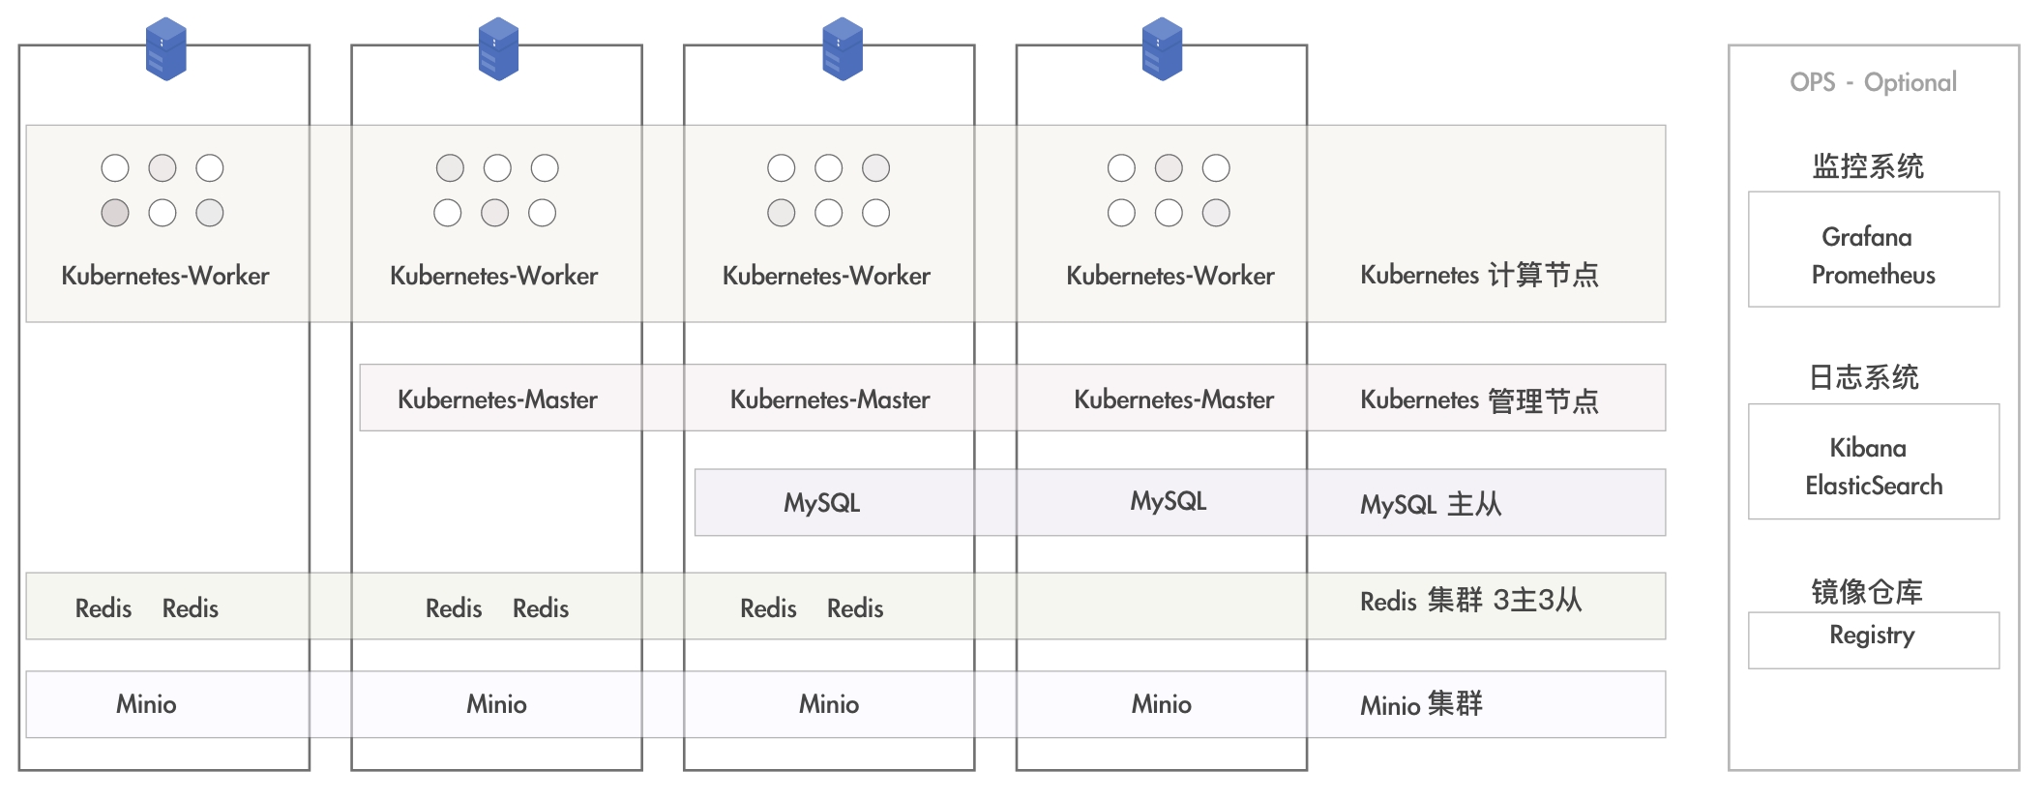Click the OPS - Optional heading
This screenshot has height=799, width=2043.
click(1873, 82)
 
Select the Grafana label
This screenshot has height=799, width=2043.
click(1867, 237)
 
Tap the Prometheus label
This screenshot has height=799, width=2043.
click(1874, 275)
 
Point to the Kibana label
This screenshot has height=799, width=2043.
click(1868, 448)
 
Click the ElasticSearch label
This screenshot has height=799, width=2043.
click(1874, 486)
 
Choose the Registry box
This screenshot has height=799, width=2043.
click(1874, 639)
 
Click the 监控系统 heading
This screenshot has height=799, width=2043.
click(1868, 166)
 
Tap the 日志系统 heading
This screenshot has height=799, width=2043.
click(1864, 377)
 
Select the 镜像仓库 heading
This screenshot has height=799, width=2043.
click(1867, 591)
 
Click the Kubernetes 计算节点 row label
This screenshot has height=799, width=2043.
click(1479, 275)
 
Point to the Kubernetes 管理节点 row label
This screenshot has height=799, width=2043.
click(1479, 399)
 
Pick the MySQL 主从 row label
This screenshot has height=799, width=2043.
click(1431, 504)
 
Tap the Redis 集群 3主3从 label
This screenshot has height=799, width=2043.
click(1471, 601)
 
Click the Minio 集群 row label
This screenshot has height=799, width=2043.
click(1421, 704)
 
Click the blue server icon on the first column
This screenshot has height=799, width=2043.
click(165, 48)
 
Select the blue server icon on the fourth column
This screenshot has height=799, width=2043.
click(1162, 48)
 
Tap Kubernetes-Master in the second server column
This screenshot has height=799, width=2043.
click(497, 399)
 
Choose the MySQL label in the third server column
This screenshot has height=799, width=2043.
click(821, 503)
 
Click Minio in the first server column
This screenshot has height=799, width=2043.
click(146, 704)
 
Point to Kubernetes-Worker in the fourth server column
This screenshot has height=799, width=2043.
click(1170, 276)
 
